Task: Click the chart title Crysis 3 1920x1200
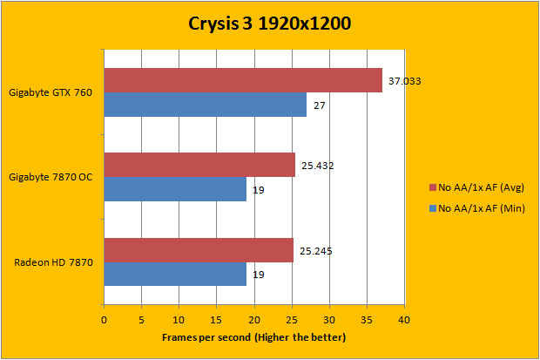(x=270, y=24)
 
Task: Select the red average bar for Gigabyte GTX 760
(x=243, y=79)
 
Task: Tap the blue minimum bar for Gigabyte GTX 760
(x=205, y=104)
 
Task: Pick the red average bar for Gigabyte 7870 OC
(x=199, y=164)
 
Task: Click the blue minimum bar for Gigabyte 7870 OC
(x=175, y=188)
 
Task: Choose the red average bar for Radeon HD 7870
(x=199, y=250)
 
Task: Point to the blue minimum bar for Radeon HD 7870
(x=175, y=274)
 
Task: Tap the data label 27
(x=319, y=105)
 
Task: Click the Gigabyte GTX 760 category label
(x=51, y=92)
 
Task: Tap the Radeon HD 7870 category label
(x=54, y=262)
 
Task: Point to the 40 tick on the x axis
(x=403, y=320)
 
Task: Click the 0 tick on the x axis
(x=104, y=320)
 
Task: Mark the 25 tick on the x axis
(x=291, y=320)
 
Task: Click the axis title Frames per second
(x=253, y=336)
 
